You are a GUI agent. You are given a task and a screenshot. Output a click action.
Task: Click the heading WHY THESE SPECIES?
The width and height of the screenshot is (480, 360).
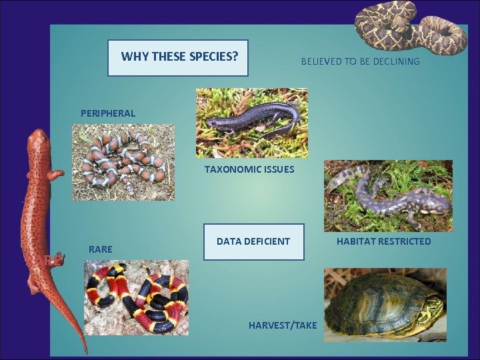coord(179,57)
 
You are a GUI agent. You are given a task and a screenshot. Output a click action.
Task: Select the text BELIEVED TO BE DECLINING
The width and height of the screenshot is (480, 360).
coord(360,61)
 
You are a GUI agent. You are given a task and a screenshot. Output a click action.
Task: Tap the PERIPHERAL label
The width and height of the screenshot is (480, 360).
coord(108,113)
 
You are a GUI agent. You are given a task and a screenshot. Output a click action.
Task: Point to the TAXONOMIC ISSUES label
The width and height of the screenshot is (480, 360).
coord(249,169)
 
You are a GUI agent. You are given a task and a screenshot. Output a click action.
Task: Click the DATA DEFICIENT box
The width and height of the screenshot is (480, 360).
coord(253,241)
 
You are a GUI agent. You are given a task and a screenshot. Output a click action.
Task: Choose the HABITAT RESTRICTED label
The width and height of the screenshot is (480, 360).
coord(383,241)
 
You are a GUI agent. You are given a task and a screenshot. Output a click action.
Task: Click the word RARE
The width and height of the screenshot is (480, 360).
coord(100,249)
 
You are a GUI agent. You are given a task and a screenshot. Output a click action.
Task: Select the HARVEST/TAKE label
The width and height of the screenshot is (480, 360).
coord(283,325)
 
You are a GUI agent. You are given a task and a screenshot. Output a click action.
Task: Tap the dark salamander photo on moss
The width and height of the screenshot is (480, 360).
coord(251,123)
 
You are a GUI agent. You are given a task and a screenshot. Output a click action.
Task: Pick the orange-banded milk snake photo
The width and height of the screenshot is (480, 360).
coord(123,162)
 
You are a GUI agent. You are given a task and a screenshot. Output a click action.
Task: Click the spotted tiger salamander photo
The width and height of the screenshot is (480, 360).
coord(387,195)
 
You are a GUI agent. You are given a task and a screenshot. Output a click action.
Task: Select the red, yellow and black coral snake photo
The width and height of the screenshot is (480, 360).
coord(136,297)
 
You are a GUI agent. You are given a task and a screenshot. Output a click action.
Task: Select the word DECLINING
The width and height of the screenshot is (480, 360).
coord(398,61)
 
